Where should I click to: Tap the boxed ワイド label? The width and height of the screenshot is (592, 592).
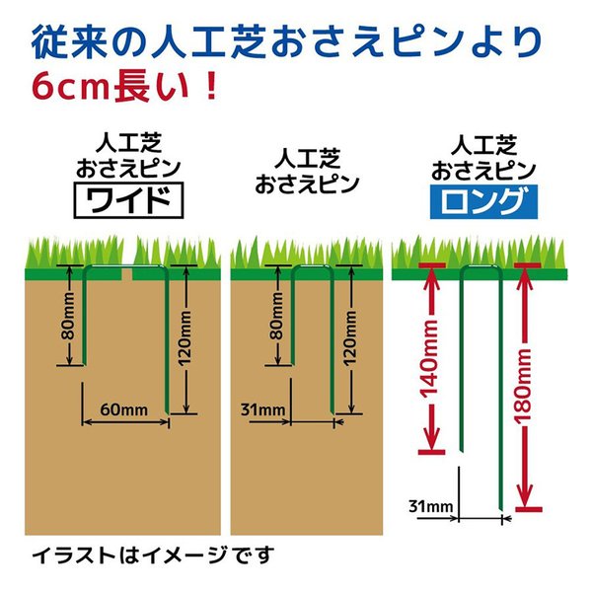128,200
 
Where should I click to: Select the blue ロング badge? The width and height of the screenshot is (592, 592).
483,202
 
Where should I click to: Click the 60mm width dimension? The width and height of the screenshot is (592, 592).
124,410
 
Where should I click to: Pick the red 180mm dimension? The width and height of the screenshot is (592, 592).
524,385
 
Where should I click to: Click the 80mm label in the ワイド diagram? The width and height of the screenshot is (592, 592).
69,316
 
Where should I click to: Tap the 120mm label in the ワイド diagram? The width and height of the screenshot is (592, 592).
185,338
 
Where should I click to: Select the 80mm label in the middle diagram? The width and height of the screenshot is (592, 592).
277,316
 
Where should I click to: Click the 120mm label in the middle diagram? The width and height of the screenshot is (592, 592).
350,338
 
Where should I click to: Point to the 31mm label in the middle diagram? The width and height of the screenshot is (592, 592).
262,409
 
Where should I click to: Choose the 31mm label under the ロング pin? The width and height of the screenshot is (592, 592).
431,506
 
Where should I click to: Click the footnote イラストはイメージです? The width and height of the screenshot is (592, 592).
153,555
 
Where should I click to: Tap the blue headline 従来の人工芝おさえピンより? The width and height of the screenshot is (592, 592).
287,41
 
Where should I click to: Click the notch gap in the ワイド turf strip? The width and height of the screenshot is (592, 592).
127,274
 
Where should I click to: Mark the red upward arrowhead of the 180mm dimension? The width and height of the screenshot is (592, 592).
524,280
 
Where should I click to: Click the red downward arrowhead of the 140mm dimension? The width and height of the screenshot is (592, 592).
432,437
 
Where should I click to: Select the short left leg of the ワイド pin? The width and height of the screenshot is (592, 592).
84,317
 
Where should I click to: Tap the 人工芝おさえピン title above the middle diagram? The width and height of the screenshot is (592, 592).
307,172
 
